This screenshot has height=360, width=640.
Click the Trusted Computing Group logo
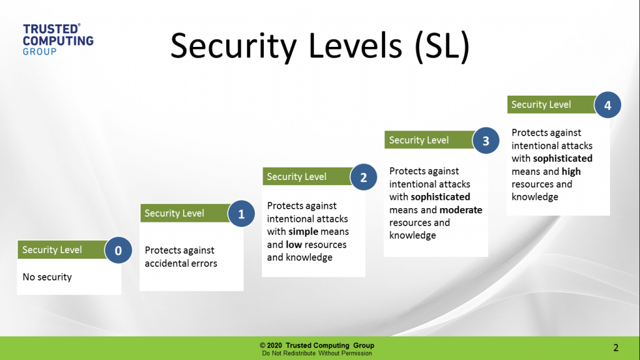[57, 39]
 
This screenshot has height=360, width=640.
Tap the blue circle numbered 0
[118, 251]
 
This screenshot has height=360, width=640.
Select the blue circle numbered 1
[241, 214]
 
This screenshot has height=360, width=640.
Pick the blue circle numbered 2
[363, 177]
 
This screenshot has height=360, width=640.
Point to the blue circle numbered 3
[486, 141]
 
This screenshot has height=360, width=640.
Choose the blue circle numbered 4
[607, 106]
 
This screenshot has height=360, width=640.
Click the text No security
[47, 277]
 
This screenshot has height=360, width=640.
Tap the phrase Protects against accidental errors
[181, 257]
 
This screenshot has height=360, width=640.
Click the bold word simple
[303, 232]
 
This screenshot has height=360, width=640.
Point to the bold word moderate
[461, 210]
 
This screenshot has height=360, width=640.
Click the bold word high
[571, 171]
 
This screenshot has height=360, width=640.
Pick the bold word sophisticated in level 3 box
[440, 197]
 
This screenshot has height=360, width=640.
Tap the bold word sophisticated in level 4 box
[562, 158]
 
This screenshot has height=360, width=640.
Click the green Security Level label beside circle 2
[297, 177]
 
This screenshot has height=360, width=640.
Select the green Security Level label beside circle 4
[541, 105]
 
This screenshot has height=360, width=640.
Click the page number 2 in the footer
[616, 347]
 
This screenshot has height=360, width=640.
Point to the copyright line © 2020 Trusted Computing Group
[317, 346]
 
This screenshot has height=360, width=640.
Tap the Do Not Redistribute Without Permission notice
[317, 354]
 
